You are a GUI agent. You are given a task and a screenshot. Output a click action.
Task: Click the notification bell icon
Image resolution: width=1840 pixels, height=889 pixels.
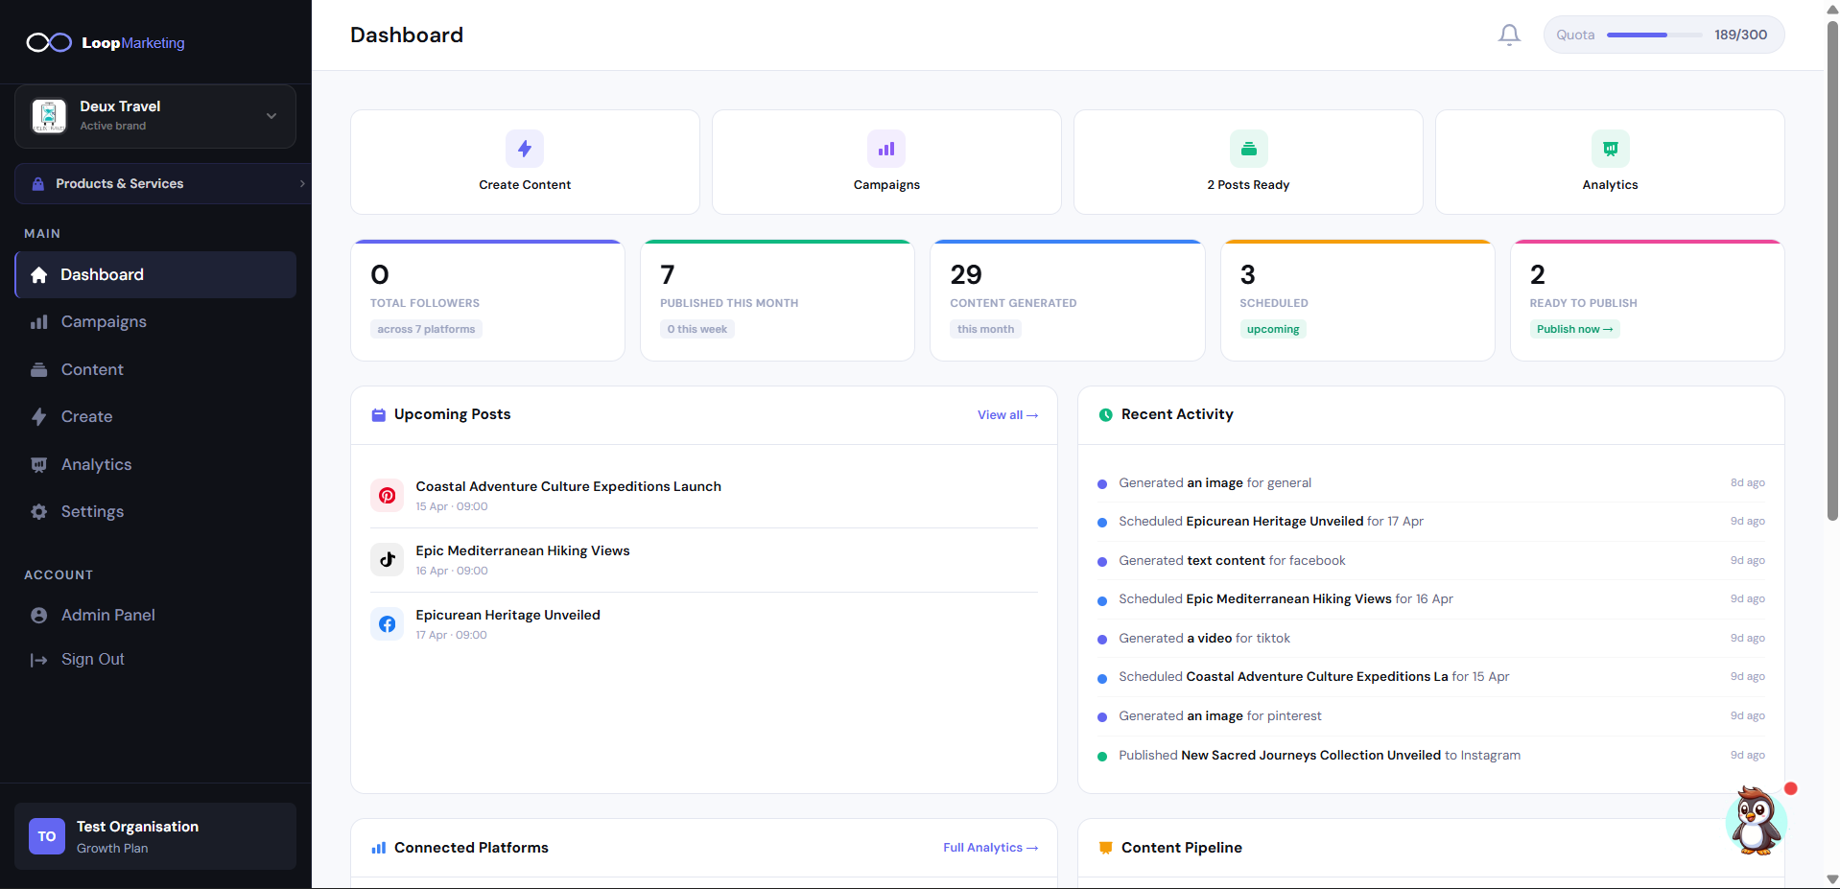coord(1509,35)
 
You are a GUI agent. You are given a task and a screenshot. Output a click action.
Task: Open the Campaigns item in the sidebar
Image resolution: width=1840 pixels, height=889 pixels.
coord(104,322)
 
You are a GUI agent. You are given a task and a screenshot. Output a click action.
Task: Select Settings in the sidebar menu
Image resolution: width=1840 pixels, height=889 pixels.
coord(92,512)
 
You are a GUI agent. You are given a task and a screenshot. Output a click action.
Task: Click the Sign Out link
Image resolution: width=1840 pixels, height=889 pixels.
coord(92,660)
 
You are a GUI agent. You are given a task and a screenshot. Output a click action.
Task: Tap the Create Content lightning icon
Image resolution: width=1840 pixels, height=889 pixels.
coord(525,149)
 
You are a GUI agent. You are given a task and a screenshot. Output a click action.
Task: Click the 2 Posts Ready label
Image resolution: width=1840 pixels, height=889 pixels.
coord(1248,185)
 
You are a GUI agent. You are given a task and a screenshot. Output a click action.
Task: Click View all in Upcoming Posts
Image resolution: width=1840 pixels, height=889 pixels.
coord(1006,415)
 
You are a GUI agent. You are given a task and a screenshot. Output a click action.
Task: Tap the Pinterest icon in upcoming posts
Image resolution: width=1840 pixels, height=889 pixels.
coord(388,496)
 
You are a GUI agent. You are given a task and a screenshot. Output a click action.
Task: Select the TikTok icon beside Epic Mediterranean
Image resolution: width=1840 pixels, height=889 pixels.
coord(388,560)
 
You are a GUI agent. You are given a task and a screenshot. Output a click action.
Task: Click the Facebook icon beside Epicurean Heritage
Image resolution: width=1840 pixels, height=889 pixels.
coord(388,624)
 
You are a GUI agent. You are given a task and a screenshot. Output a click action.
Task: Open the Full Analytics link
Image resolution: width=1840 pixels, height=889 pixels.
coord(989,848)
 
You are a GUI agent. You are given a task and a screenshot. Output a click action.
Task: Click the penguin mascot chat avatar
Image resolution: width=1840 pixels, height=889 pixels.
coord(1756,821)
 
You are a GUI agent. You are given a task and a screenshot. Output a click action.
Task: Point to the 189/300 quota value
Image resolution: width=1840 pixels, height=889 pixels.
coord(1740,35)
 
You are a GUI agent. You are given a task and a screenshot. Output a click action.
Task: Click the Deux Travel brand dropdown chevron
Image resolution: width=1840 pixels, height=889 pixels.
coord(271,116)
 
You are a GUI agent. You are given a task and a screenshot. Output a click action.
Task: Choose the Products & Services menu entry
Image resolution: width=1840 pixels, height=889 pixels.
coord(119,184)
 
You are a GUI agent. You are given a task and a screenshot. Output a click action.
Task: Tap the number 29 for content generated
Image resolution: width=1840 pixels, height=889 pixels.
coord(966,275)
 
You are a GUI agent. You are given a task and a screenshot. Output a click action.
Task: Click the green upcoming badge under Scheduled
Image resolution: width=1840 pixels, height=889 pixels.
coord(1272,330)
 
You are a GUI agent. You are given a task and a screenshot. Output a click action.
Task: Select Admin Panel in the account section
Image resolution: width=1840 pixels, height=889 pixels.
coord(107,616)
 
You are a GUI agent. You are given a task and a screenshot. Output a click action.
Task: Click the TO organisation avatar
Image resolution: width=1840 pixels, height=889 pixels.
coord(47,836)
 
